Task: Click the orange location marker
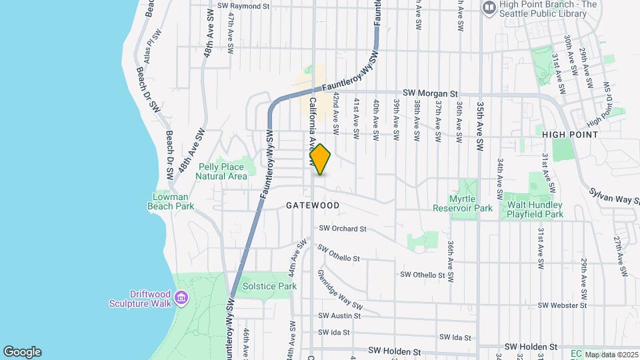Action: point(321,159)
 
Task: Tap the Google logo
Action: point(22,352)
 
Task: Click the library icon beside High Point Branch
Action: point(489,7)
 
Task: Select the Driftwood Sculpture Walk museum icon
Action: point(181,295)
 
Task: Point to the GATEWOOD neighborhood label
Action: point(313,205)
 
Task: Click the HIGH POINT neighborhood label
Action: point(570,134)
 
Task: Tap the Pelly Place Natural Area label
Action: point(221,171)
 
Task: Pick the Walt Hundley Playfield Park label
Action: point(535,209)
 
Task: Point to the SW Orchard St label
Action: point(343,229)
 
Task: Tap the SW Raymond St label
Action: point(243,6)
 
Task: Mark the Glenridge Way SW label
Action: point(341,297)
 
